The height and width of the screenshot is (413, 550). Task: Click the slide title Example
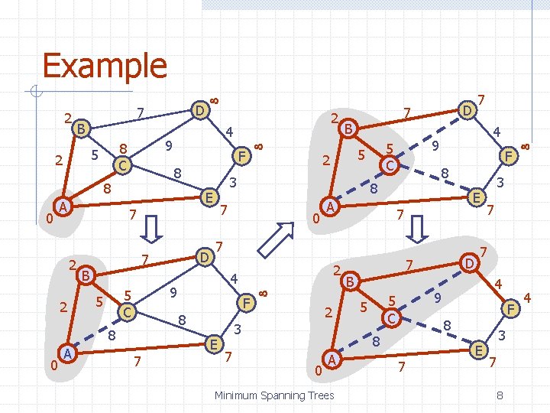pos(104,66)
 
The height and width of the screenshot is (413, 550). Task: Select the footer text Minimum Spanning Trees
pos(273,395)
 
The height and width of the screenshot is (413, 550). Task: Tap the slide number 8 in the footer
pos(499,395)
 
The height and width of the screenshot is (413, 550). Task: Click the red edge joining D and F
pos(222,132)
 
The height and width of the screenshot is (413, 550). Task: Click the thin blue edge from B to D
pos(137,119)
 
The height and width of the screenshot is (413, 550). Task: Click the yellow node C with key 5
pos(128,312)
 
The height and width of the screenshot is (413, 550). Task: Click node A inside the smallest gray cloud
pos(64,207)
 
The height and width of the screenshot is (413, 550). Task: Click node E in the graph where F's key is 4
pos(479,350)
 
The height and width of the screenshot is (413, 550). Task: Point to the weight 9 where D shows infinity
pos(168,145)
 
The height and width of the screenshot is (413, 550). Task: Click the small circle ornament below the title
pos(35,93)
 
